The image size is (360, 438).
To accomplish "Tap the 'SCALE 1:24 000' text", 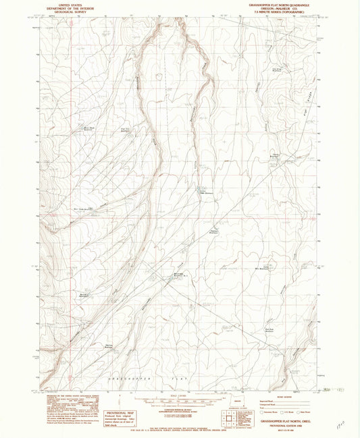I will coord(181,395).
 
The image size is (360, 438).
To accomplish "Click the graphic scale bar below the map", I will coord(181,401).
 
